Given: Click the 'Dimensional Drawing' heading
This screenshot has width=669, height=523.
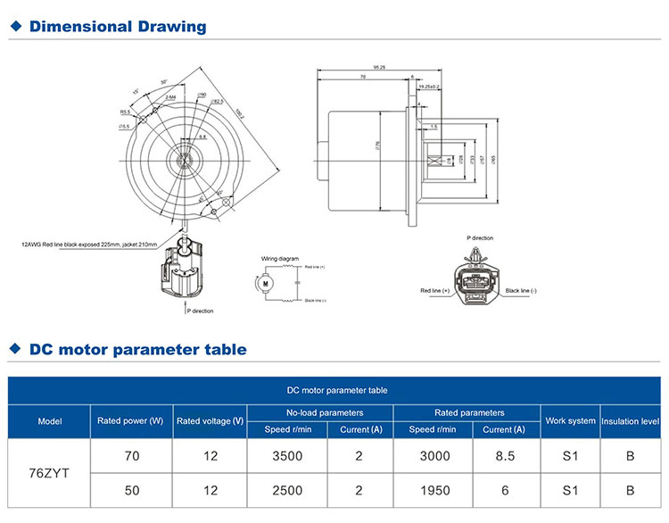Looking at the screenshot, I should pyautogui.click(x=117, y=27).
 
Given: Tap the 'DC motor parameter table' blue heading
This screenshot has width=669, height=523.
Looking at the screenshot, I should pyautogui.click(x=137, y=349).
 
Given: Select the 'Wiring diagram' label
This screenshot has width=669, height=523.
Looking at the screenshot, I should pyautogui.click(x=280, y=258).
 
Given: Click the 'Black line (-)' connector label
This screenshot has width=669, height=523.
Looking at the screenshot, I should pyautogui.click(x=523, y=291).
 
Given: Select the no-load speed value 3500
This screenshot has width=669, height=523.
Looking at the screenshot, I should pyautogui.click(x=288, y=455).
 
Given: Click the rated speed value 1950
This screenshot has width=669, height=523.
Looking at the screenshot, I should pyautogui.click(x=433, y=490).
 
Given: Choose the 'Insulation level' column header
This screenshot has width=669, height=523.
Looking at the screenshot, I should pyautogui.click(x=630, y=421).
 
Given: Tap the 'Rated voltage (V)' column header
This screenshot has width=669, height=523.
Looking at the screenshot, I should pyautogui.click(x=210, y=421).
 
